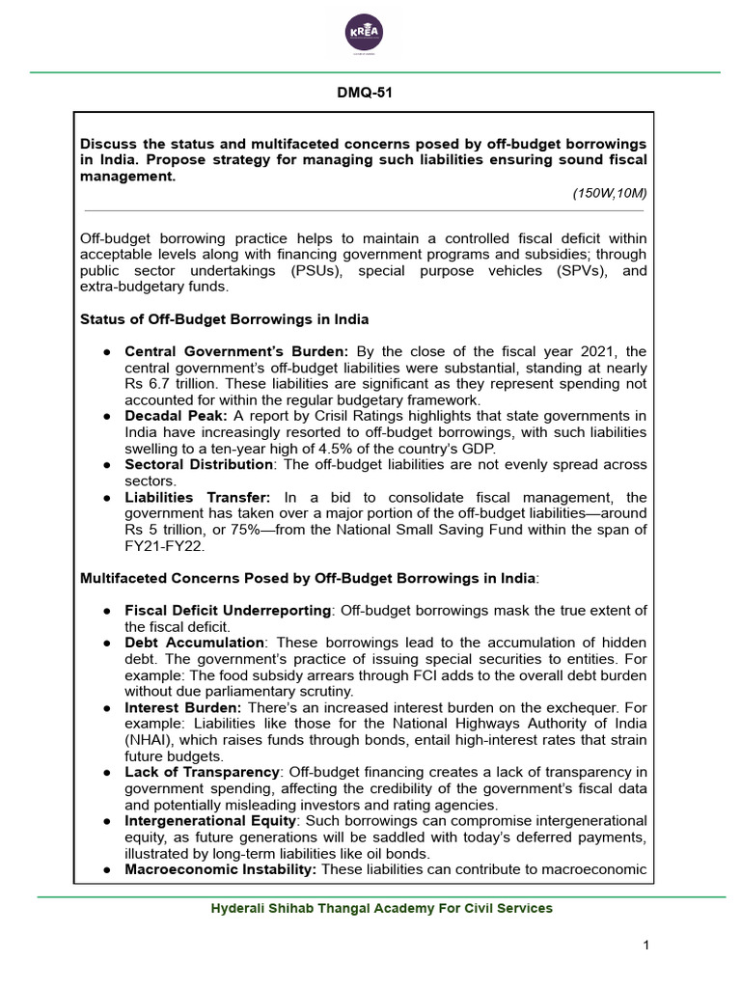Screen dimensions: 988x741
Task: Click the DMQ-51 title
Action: point(365,94)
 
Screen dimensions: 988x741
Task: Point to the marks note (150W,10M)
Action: point(609,193)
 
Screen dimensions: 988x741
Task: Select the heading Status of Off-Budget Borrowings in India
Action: point(224,319)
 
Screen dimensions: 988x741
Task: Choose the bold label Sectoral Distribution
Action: point(199,465)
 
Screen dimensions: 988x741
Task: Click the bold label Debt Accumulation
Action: point(194,643)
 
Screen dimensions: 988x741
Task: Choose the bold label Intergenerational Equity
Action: point(211,820)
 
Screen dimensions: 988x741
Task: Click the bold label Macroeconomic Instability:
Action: point(221,869)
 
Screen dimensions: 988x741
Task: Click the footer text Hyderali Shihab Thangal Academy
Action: point(382,908)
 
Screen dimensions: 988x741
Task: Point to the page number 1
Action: point(647,945)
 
